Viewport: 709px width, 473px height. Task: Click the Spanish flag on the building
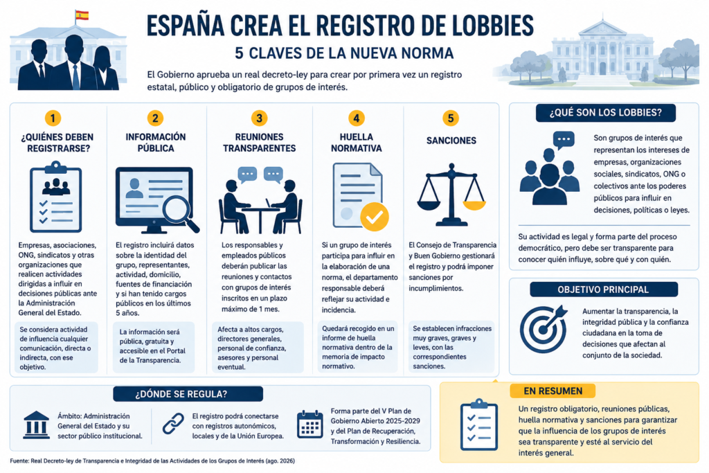(x=82, y=15)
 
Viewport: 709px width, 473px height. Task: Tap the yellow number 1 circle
(x=53, y=118)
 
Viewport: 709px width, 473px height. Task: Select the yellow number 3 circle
(x=259, y=118)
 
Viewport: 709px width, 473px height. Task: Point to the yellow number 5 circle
(x=450, y=118)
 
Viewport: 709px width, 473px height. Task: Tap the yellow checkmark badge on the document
(x=375, y=217)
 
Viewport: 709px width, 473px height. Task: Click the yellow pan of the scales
(x=474, y=205)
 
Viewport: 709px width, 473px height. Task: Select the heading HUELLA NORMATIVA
(x=357, y=143)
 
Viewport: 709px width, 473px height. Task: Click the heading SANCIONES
(x=451, y=141)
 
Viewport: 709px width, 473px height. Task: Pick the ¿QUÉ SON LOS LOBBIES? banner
(x=605, y=113)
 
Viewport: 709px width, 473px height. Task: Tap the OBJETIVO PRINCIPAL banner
(x=604, y=289)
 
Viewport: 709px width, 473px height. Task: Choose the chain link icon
(x=173, y=424)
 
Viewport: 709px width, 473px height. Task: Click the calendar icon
(x=309, y=424)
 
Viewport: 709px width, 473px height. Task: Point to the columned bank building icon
(x=36, y=425)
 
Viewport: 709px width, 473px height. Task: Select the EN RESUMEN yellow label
(x=553, y=391)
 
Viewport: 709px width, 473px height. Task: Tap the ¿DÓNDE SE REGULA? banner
(x=188, y=394)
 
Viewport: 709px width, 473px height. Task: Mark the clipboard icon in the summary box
(x=479, y=425)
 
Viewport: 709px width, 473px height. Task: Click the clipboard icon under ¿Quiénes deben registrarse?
(x=55, y=197)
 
